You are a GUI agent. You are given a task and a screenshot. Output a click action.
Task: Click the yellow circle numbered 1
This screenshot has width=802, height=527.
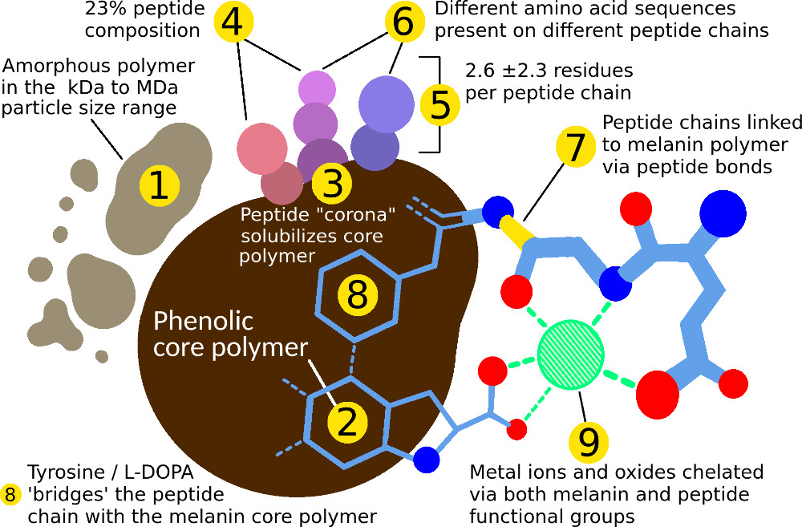tap(159, 186)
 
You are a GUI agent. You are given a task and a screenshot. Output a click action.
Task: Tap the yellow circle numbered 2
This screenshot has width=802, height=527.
tap(347, 423)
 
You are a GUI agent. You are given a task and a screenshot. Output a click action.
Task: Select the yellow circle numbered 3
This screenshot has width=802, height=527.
tap(331, 184)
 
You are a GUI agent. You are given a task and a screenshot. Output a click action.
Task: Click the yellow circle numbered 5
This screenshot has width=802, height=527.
tap(440, 106)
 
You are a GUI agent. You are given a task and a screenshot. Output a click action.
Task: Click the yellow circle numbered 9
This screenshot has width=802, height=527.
tap(588, 440)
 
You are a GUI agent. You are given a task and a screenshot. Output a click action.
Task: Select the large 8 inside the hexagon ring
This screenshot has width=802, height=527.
tap(357, 294)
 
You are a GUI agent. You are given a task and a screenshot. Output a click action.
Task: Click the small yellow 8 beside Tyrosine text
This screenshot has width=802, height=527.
tap(10, 494)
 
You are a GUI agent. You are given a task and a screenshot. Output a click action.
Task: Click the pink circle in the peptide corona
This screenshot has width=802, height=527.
tap(262, 148)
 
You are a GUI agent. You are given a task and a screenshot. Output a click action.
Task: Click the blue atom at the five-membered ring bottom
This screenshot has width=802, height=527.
tap(427, 460)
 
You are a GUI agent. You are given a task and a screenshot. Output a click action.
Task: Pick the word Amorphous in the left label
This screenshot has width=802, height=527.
tap(47, 66)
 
